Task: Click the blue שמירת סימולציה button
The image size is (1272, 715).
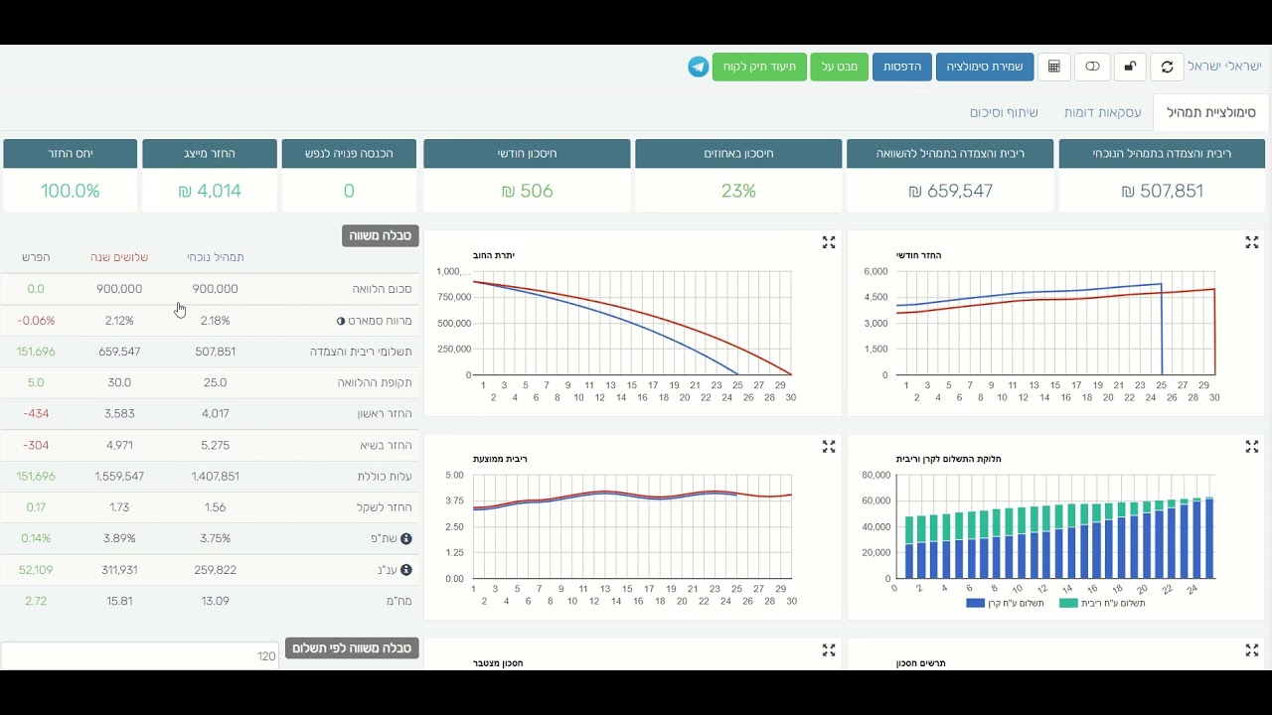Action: point(985,67)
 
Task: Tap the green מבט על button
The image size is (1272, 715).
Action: point(840,67)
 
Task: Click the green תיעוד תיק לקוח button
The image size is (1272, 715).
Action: point(759,67)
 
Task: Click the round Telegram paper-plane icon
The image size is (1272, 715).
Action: point(699,67)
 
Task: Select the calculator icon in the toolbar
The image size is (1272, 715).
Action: point(1054,67)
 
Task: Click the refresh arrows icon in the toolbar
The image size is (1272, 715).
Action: point(1167,67)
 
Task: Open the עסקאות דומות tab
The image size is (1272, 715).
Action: point(1102,112)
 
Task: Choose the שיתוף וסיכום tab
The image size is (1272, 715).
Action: point(1004,112)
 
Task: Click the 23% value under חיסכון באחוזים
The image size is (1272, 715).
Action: point(738,191)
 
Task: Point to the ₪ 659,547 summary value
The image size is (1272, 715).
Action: point(951,191)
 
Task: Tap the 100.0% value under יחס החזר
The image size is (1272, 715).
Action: point(70,191)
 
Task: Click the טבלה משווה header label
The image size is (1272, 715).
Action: point(380,235)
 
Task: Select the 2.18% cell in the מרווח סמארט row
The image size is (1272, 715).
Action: point(216,321)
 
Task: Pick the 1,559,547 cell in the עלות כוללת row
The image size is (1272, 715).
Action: point(119,476)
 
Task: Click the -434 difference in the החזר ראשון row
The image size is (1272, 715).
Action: point(36,414)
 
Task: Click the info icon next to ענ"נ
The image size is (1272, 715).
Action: point(406,570)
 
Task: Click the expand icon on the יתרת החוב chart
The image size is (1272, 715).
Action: point(829,242)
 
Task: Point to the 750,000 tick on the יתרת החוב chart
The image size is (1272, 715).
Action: point(454,297)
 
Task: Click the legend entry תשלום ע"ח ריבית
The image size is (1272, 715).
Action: point(1102,603)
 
